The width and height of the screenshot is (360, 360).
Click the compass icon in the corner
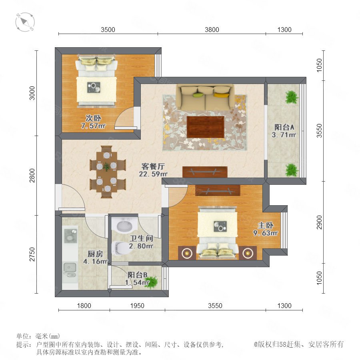click(x=25, y=22)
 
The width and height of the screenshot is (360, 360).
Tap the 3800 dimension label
click(x=212, y=30)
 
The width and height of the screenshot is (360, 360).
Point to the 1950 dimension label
click(x=137, y=306)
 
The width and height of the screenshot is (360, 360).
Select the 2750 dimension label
click(x=32, y=254)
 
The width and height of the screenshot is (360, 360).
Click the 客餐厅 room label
click(x=153, y=166)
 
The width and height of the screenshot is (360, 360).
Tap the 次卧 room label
click(x=93, y=118)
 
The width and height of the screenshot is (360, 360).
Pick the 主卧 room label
click(x=266, y=225)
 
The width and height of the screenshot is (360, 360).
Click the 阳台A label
click(x=284, y=127)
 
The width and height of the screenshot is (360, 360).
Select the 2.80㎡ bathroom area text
click(x=141, y=246)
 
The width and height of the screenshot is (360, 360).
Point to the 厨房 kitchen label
click(x=95, y=254)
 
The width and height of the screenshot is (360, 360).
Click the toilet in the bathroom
click(x=121, y=248)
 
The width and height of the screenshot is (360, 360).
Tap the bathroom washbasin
click(x=124, y=224)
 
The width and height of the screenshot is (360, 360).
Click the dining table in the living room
click(x=106, y=171)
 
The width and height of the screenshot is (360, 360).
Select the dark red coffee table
click(x=206, y=127)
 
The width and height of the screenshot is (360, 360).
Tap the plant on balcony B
click(x=151, y=282)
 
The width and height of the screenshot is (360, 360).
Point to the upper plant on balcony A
click(x=292, y=97)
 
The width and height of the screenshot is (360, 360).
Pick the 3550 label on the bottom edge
click(x=215, y=306)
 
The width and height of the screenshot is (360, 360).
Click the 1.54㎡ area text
click(x=137, y=282)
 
